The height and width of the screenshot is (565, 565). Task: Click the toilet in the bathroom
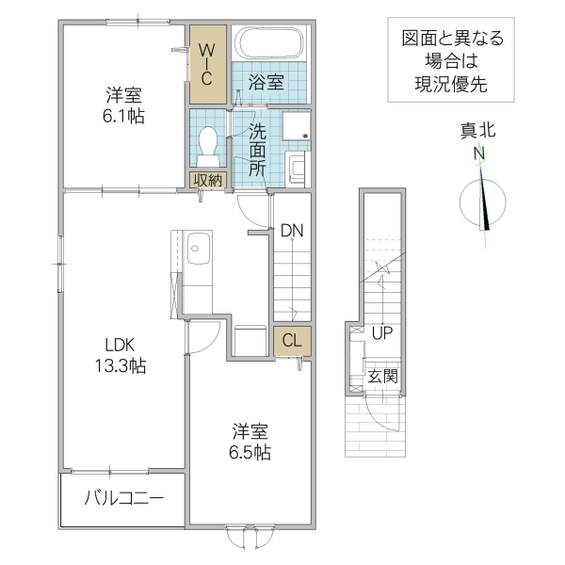[209, 143]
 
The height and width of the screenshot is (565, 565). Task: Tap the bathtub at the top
[269, 42]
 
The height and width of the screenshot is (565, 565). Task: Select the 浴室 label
[266, 83]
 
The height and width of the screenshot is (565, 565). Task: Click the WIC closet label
[209, 62]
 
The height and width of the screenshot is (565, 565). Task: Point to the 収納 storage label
[208, 180]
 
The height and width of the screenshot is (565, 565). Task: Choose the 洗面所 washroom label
[256, 148]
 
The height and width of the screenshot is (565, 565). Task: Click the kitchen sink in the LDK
[200, 250]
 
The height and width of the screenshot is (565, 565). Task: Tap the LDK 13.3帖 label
[118, 355]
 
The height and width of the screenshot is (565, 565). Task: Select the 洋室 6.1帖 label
[123, 105]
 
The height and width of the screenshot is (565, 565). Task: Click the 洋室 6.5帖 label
[250, 442]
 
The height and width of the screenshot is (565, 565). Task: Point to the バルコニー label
[123, 498]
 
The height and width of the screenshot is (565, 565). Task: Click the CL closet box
[292, 341]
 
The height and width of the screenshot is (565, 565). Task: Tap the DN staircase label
[291, 230]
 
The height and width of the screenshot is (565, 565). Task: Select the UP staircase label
[381, 333]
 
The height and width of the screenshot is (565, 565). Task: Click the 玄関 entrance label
[382, 376]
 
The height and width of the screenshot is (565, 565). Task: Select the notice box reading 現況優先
[451, 60]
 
